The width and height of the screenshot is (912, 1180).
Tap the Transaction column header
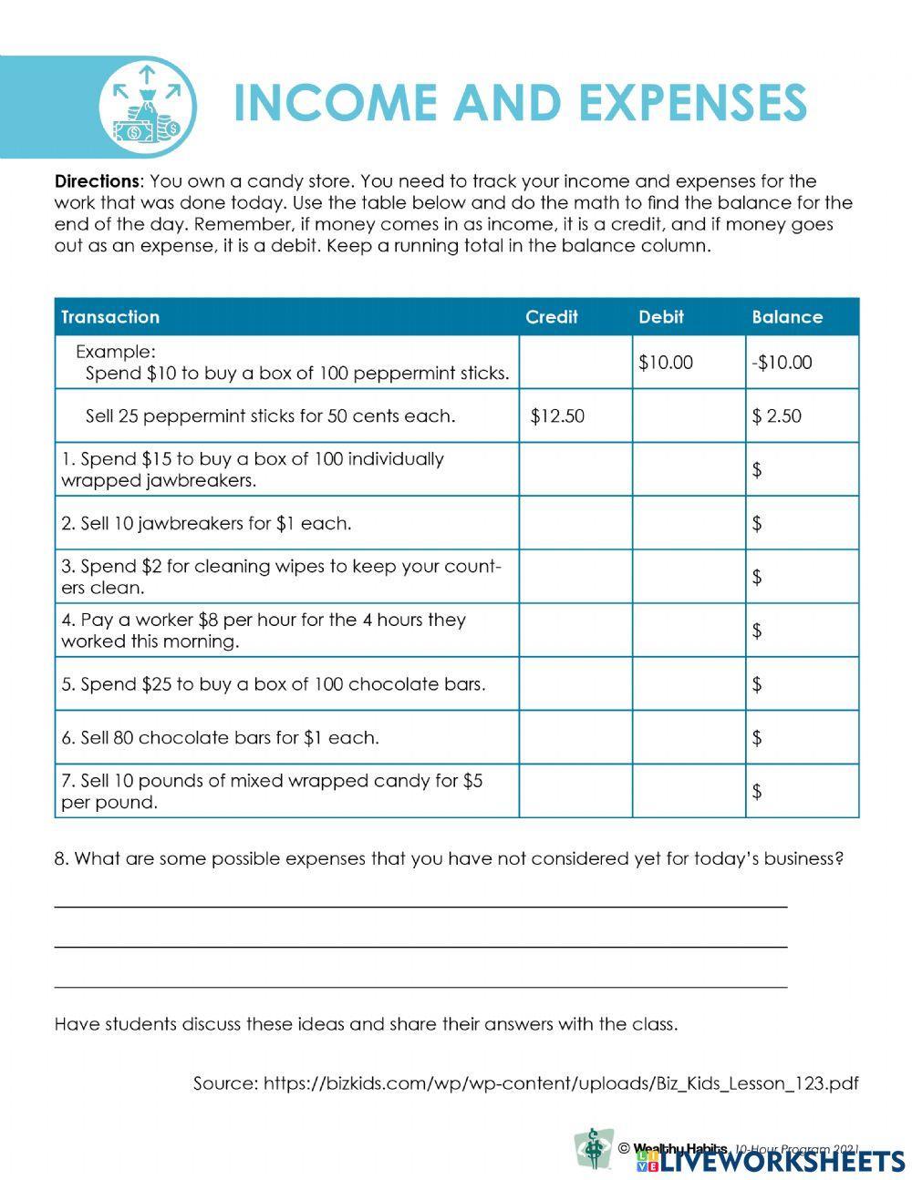[110, 317]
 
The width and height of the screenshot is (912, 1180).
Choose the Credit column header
[552, 317]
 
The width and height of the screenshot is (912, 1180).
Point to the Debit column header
[661, 317]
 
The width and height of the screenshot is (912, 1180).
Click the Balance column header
[787, 317]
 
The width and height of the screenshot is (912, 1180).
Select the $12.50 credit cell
[557, 416]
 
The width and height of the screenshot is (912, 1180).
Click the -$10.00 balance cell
[782, 363]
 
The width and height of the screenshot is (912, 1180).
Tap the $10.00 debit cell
[666, 363]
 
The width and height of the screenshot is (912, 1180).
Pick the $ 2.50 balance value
[777, 416]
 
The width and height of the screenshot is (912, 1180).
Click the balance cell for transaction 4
[803, 631]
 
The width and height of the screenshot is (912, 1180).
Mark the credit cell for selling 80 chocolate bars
[575, 737]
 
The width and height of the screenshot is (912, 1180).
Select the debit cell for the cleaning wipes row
[689, 577]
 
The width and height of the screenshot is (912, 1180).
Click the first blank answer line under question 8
[420, 906]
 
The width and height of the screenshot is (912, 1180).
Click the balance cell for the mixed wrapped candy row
[803, 791]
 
